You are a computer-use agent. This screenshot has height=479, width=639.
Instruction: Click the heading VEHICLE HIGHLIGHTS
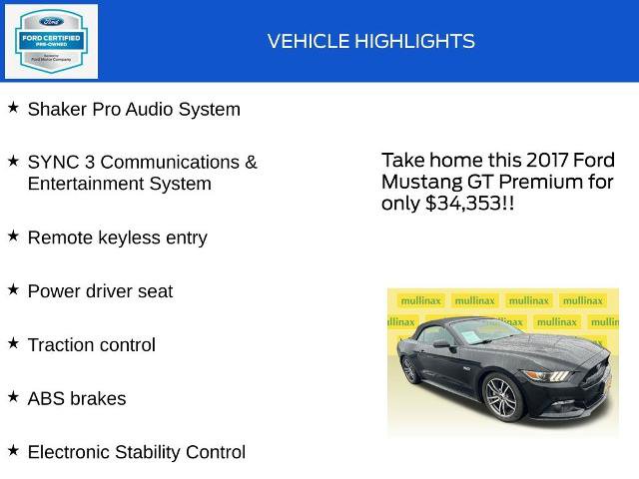coord(370,41)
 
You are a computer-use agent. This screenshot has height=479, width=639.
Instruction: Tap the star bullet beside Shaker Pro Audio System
coord(13,107)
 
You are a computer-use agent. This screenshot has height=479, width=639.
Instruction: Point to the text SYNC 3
coord(62,162)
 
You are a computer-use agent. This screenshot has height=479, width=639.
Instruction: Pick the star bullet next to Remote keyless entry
coord(13,236)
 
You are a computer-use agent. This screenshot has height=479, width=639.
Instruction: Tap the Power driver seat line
coord(100,291)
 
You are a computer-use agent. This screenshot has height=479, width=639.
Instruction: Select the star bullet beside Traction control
coord(13,342)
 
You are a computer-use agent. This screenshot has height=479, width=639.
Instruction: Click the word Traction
coord(63,345)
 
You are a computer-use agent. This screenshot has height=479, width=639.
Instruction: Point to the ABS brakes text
coord(77,398)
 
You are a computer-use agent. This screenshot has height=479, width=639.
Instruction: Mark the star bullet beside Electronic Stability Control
coord(13,450)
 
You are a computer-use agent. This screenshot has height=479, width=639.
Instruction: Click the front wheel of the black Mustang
coord(500,397)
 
